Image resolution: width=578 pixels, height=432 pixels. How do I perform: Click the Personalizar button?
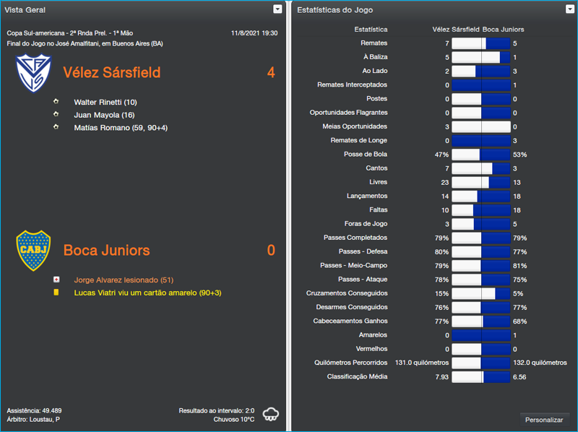[544, 420]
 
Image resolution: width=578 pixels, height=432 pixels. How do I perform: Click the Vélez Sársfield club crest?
[33, 73]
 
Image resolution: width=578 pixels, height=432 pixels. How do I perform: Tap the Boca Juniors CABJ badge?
[33, 250]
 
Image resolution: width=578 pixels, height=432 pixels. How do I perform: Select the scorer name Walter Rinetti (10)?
[105, 102]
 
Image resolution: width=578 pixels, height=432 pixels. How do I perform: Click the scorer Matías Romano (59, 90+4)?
[121, 127]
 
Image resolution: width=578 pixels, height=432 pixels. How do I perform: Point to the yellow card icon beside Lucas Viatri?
[56, 293]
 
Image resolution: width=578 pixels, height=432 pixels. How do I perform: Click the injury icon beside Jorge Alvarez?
[56, 280]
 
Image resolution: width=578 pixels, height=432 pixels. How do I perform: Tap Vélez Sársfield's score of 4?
[271, 72]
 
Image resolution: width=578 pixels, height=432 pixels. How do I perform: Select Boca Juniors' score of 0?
[271, 250]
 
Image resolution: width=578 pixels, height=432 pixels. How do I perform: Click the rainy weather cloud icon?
[271, 415]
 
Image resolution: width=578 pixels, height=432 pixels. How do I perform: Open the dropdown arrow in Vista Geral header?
[277, 9]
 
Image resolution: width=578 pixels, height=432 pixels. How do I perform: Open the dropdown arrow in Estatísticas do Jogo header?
[570, 9]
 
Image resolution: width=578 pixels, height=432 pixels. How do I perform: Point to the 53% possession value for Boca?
[519, 155]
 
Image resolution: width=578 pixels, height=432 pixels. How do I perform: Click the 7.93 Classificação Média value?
[441, 376]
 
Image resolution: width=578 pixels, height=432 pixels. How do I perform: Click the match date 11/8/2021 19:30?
[254, 33]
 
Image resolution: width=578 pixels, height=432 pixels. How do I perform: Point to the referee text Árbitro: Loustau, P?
[33, 419]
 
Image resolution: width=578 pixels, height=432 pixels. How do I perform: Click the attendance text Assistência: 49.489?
[34, 410]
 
